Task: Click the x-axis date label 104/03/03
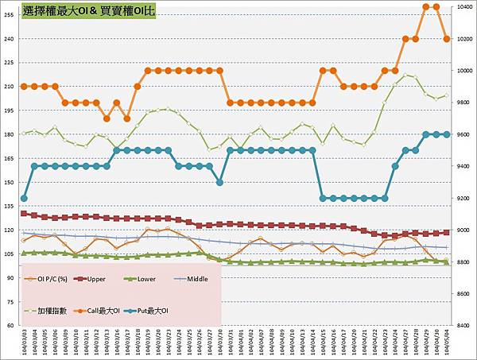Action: tap(24, 342)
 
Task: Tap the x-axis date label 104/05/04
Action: tap(447, 342)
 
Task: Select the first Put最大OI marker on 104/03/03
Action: tap(24, 198)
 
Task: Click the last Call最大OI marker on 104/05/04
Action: tap(447, 39)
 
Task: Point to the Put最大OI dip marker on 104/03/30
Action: tap(219, 182)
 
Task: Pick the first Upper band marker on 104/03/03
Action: tap(24, 213)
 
